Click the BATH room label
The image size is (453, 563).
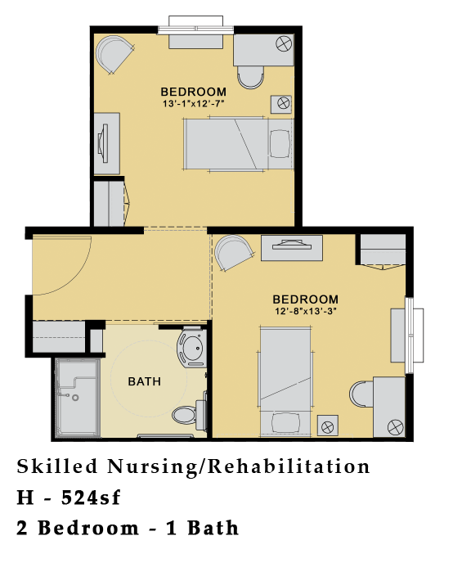144,381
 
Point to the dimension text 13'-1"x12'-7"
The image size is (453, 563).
193,104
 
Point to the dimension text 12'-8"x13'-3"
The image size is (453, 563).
305,312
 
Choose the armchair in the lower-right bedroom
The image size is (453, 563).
234,253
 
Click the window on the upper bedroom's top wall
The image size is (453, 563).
194,27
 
